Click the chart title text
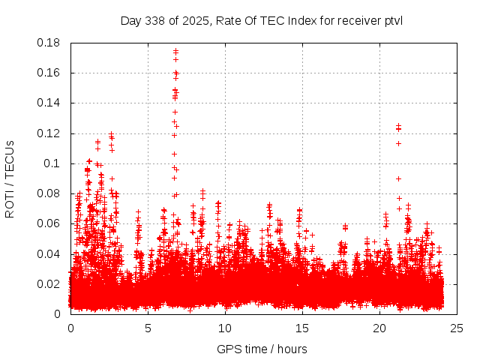tap(262, 20)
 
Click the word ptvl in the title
tap(391, 20)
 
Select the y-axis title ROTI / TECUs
tap(10, 178)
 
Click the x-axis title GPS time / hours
tap(262, 349)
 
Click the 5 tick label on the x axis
tap(148, 328)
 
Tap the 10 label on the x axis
tap(224, 328)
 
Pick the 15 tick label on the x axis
tap(301, 328)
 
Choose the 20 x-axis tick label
tap(379, 328)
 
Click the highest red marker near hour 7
tap(175, 51)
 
